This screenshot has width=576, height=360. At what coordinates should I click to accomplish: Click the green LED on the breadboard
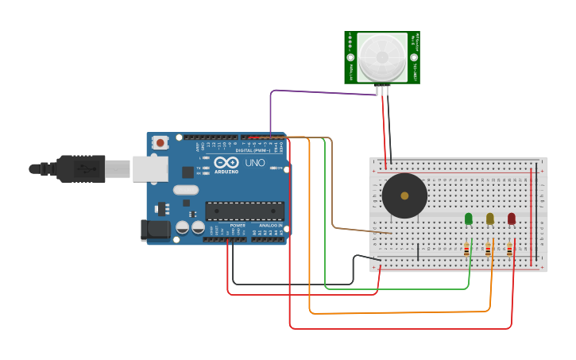coord(469,219)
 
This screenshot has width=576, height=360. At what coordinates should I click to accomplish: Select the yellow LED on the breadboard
coord(490,219)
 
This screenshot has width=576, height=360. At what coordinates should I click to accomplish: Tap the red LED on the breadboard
coord(512,219)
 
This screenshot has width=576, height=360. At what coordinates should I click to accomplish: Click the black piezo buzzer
coord(404,195)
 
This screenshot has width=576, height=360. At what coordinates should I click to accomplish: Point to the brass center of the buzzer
coord(404,195)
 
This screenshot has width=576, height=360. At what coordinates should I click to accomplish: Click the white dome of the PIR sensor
coord(381,57)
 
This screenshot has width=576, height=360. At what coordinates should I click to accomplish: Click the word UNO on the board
coord(255,163)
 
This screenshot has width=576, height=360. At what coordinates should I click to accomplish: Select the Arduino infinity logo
coord(225,162)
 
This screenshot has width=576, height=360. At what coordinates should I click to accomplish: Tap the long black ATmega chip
coord(245,211)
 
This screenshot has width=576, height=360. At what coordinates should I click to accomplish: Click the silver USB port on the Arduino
coord(150,168)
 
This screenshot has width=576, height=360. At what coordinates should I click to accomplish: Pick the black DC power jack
coord(155,230)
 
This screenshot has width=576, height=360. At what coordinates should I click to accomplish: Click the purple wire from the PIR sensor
coord(318,91)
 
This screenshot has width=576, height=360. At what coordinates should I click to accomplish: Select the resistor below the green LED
coord(466,250)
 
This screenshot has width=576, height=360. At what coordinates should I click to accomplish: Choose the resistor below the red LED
coord(509,250)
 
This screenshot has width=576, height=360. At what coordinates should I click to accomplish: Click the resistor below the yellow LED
coord(488,250)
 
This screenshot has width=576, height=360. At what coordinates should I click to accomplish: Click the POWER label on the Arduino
coord(238,225)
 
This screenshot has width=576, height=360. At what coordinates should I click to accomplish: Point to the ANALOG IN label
coord(270,225)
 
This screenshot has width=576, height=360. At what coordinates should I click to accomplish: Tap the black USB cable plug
coord(80,168)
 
